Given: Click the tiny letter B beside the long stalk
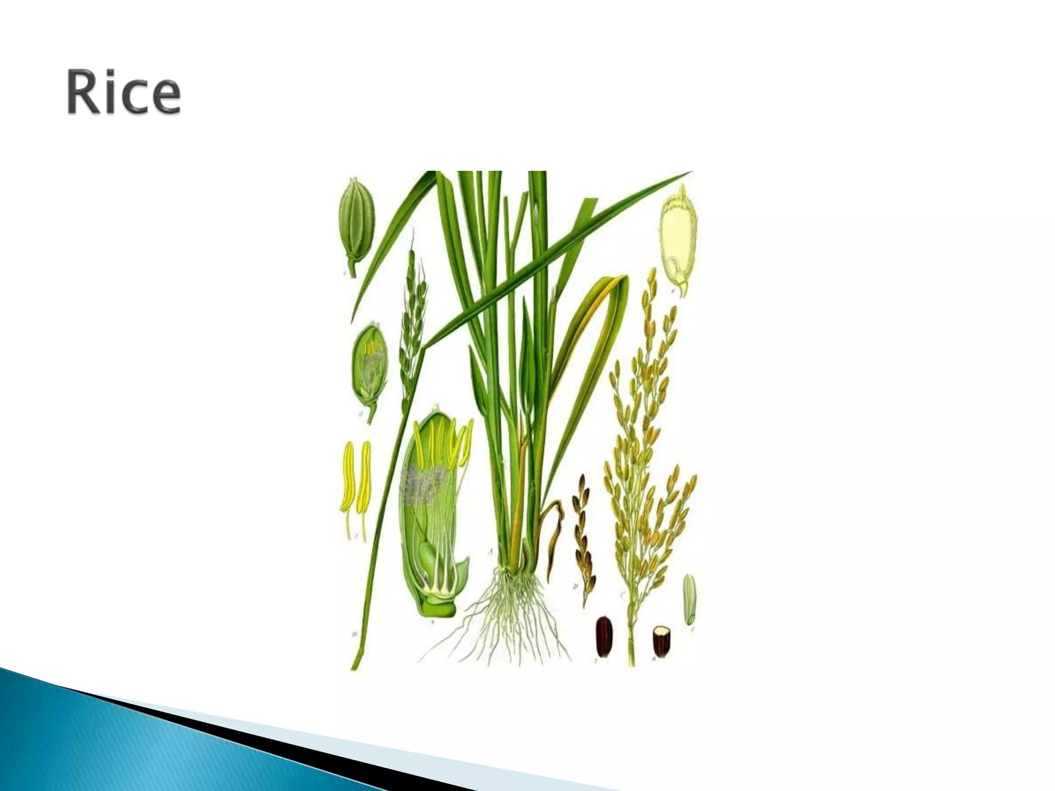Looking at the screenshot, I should [x=354, y=634].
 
